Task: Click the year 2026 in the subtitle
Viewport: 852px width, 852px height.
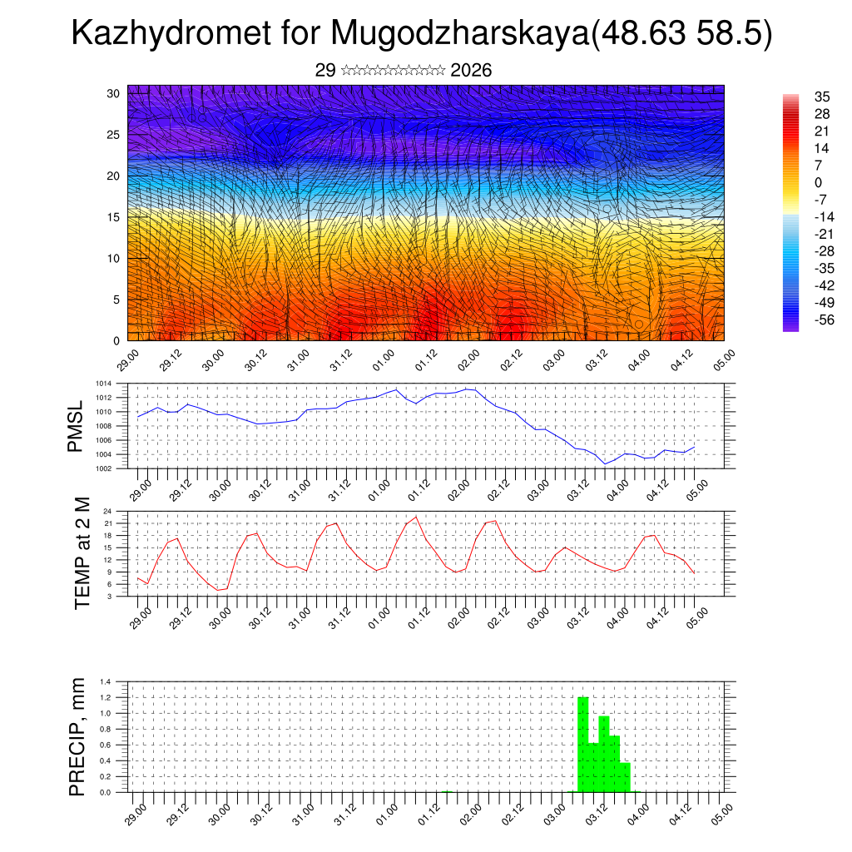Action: (x=471, y=70)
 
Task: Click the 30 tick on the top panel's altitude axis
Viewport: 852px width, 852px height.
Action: (x=114, y=93)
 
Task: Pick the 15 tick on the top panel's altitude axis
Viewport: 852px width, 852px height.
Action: (x=114, y=217)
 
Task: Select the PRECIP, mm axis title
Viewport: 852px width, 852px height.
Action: (x=77, y=736)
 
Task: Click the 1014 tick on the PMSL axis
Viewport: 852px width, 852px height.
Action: (x=103, y=384)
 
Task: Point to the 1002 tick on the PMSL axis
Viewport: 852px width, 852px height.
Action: (x=103, y=468)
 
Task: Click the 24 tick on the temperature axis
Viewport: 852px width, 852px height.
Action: (x=107, y=511)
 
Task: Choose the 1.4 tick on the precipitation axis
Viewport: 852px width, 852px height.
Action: (x=106, y=681)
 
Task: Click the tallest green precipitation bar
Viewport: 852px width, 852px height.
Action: (x=583, y=745)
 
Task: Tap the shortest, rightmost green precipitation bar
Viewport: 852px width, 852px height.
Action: (x=625, y=777)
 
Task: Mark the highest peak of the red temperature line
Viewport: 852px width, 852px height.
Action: (x=416, y=517)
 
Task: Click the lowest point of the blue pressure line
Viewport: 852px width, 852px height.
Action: (x=606, y=463)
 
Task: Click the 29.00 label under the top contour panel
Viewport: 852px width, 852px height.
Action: (x=127, y=359)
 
